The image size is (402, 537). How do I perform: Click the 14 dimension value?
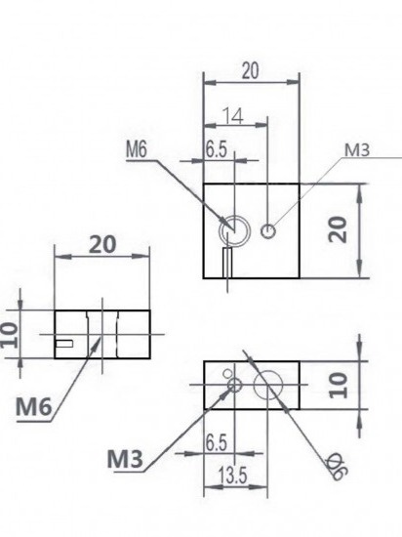tap(233, 116)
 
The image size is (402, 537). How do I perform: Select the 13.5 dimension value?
tap(232, 475)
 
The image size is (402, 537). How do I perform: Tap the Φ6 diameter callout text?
tap(337, 466)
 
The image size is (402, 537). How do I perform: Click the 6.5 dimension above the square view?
tap(217, 149)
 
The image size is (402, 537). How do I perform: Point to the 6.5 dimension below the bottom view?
tap(217, 443)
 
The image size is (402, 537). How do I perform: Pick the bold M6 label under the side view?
tap(33, 407)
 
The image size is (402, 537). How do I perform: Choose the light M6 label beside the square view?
tap(137, 149)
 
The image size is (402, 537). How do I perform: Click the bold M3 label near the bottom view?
tap(125, 459)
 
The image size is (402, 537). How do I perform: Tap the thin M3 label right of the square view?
tap(357, 150)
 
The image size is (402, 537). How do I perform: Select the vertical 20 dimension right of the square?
tap(338, 229)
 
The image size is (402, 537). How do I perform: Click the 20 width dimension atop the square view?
tap(250, 71)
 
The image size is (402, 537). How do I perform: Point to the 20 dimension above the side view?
tap(102, 244)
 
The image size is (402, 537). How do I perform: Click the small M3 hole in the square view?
tap(268, 231)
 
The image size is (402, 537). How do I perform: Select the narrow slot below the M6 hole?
tap(227, 263)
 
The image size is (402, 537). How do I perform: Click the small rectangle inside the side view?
tap(63, 343)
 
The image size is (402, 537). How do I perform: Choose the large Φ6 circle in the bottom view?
tap(268, 385)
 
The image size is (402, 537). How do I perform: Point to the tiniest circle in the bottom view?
tap(227, 373)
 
